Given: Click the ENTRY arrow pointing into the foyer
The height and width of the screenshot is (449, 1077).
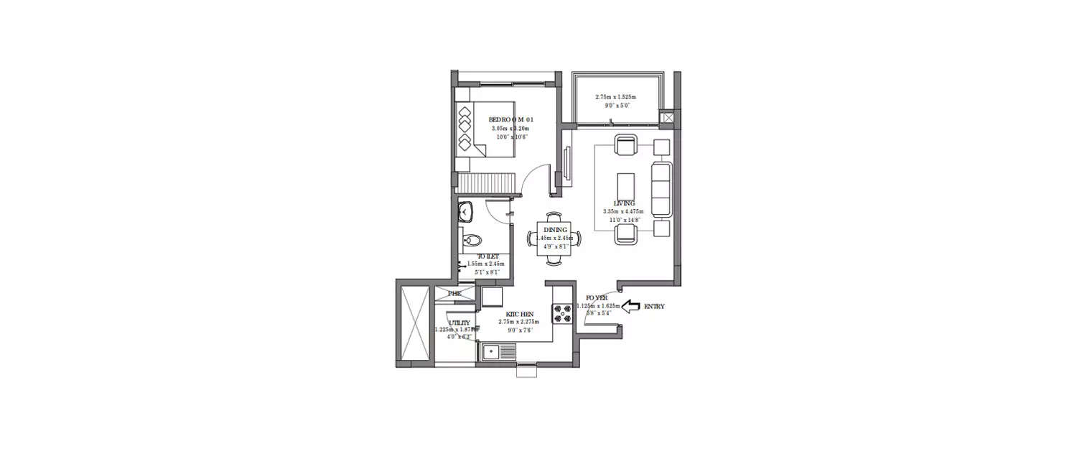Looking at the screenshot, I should [630, 307].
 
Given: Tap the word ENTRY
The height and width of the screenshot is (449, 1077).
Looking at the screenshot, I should [653, 307].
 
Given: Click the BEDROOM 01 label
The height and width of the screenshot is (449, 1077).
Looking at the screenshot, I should [511, 119].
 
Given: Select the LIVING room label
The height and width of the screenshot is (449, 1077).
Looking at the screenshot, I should [624, 203].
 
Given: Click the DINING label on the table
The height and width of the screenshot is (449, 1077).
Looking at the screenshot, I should [555, 230].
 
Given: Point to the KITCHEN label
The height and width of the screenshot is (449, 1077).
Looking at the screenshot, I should [518, 315].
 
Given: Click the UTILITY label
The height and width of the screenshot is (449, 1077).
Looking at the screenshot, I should [460, 323].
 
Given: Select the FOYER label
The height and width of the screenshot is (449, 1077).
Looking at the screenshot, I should [596, 297].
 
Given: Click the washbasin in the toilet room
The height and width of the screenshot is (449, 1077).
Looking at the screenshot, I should [466, 211].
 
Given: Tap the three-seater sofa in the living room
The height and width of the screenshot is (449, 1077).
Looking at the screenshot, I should [661, 190].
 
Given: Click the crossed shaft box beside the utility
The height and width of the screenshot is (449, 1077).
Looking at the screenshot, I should [412, 323].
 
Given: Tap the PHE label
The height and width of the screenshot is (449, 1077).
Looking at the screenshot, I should [454, 293].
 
